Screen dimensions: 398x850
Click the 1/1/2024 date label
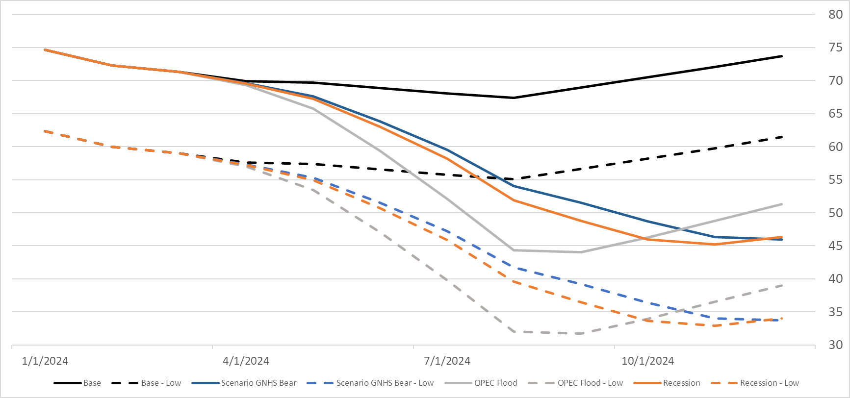pos(45,361)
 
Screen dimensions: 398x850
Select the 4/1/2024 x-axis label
pos(246,361)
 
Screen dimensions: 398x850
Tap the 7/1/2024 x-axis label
pos(447,361)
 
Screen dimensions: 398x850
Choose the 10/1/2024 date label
pos(647,361)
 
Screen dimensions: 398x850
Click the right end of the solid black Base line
pos(782,56)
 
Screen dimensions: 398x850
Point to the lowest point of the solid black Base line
pos(514,98)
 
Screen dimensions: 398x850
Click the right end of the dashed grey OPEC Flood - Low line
pos(782,285)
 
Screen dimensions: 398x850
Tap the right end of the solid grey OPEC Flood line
pos(782,204)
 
